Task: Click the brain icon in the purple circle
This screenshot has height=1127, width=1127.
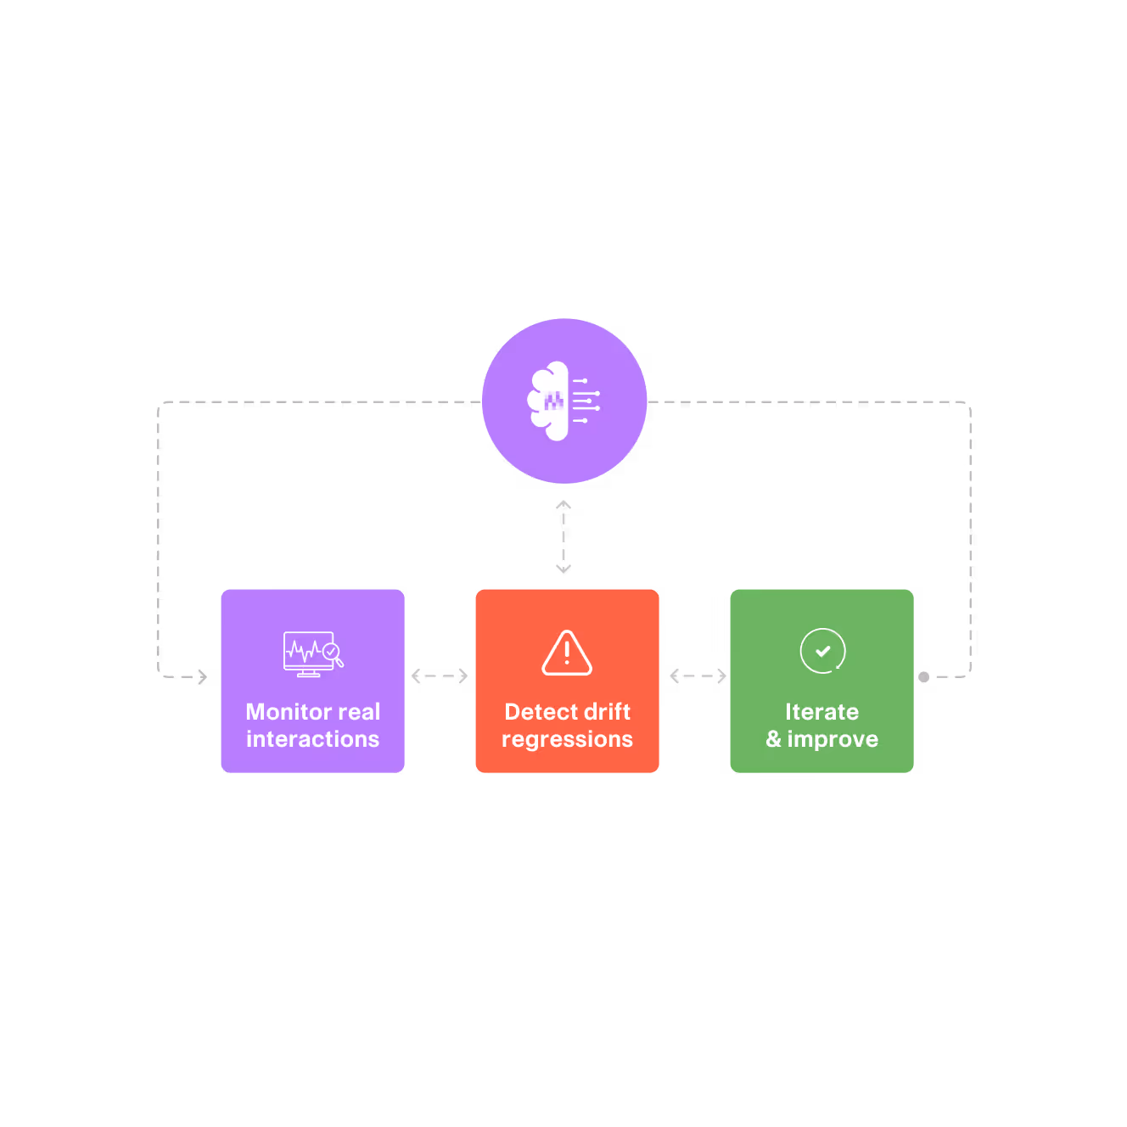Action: click(x=563, y=401)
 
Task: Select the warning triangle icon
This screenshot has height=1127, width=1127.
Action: click(x=567, y=653)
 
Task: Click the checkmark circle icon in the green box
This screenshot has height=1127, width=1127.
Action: click(x=822, y=651)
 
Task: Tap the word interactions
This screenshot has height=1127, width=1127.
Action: click(x=312, y=739)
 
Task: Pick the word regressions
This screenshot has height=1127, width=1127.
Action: click(x=567, y=740)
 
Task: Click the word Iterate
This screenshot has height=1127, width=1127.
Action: click(x=821, y=711)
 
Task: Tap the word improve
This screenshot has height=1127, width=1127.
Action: click(x=833, y=739)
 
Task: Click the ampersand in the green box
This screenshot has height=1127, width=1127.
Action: click(x=773, y=739)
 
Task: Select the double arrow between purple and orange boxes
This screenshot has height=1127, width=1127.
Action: click(x=440, y=676)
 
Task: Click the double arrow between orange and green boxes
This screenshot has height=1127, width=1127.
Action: click(x=698, y=676)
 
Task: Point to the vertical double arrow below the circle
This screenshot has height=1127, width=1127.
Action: click(x=563, y=536)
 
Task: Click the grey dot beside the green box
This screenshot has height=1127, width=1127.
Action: click(x=924, y=677)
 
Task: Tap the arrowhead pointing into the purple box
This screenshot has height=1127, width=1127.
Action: click(x=202, y=677)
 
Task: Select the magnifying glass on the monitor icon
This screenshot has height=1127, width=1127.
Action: click(x=333, y=653)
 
